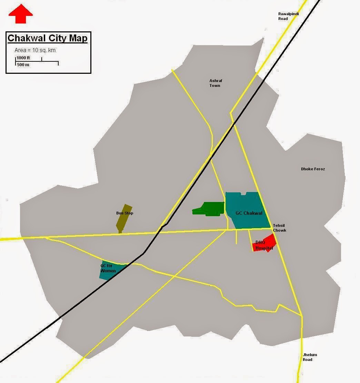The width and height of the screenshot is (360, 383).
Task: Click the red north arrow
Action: coord(21,15)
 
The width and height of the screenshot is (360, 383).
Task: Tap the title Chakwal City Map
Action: coord(48,38)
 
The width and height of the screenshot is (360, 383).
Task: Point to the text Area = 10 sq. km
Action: coord(35,50)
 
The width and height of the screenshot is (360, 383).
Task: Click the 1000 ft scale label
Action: coord(23,58)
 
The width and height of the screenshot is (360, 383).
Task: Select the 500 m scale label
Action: coord(23,65)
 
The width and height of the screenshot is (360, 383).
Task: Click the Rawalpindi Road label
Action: coord(288,16)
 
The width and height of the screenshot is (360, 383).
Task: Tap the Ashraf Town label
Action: coord(215,83)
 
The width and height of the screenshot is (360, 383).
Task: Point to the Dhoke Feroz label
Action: coord(313,169)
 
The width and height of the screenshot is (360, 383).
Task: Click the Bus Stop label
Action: coord(124,213)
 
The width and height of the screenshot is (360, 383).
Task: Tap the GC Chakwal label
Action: coord(249,213)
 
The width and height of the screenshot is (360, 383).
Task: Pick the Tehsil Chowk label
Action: coord(279,228)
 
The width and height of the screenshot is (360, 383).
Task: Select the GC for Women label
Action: coord(108,268)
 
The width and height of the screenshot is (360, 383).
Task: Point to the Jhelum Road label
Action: coord(310,357)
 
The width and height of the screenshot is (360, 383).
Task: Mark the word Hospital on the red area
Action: coord(264,248)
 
